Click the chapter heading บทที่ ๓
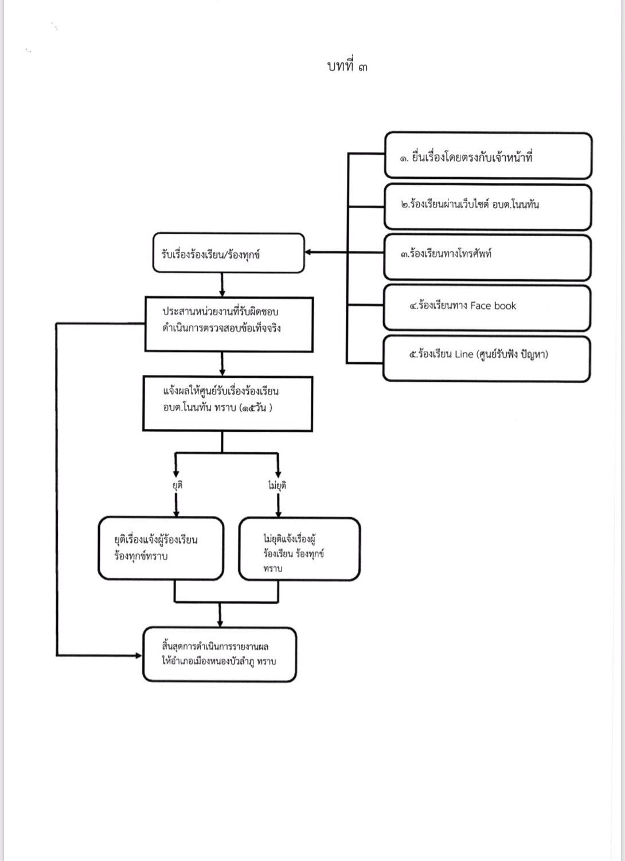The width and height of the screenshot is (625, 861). click(347, 66)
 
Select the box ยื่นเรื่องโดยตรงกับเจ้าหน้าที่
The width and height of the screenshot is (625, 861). click(488, 155)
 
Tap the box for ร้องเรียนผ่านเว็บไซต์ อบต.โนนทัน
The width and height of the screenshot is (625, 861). click(488, 207)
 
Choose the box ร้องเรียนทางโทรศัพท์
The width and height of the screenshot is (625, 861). click(487, 257)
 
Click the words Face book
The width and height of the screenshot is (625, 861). click(493, 306)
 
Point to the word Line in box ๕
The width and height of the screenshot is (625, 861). click(464, 354)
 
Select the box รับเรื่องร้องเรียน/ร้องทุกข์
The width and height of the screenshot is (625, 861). click(229, 253)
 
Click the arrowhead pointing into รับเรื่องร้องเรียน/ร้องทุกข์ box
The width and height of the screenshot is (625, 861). click(308, 253)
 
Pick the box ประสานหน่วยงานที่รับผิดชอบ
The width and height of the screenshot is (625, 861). click(229, 324)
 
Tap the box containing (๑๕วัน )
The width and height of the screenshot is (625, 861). click(228, 404)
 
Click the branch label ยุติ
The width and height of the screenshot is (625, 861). click(177, 485)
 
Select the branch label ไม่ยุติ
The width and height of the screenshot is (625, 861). click(277, 486)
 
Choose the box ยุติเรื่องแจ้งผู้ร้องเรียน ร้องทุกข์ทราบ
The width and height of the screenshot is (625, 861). click(161, 548)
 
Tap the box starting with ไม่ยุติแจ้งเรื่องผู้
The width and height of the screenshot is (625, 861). click(299, 549)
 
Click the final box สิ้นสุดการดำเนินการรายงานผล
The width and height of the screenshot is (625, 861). click(220, 655)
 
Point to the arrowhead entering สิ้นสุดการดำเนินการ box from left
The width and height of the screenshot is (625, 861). click(139, 655)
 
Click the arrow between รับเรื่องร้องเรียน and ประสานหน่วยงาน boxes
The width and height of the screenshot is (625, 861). click(222, 285)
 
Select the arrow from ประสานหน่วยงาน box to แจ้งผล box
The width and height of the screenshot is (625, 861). click(222, 364)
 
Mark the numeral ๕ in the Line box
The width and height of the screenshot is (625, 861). click(413, 354)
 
